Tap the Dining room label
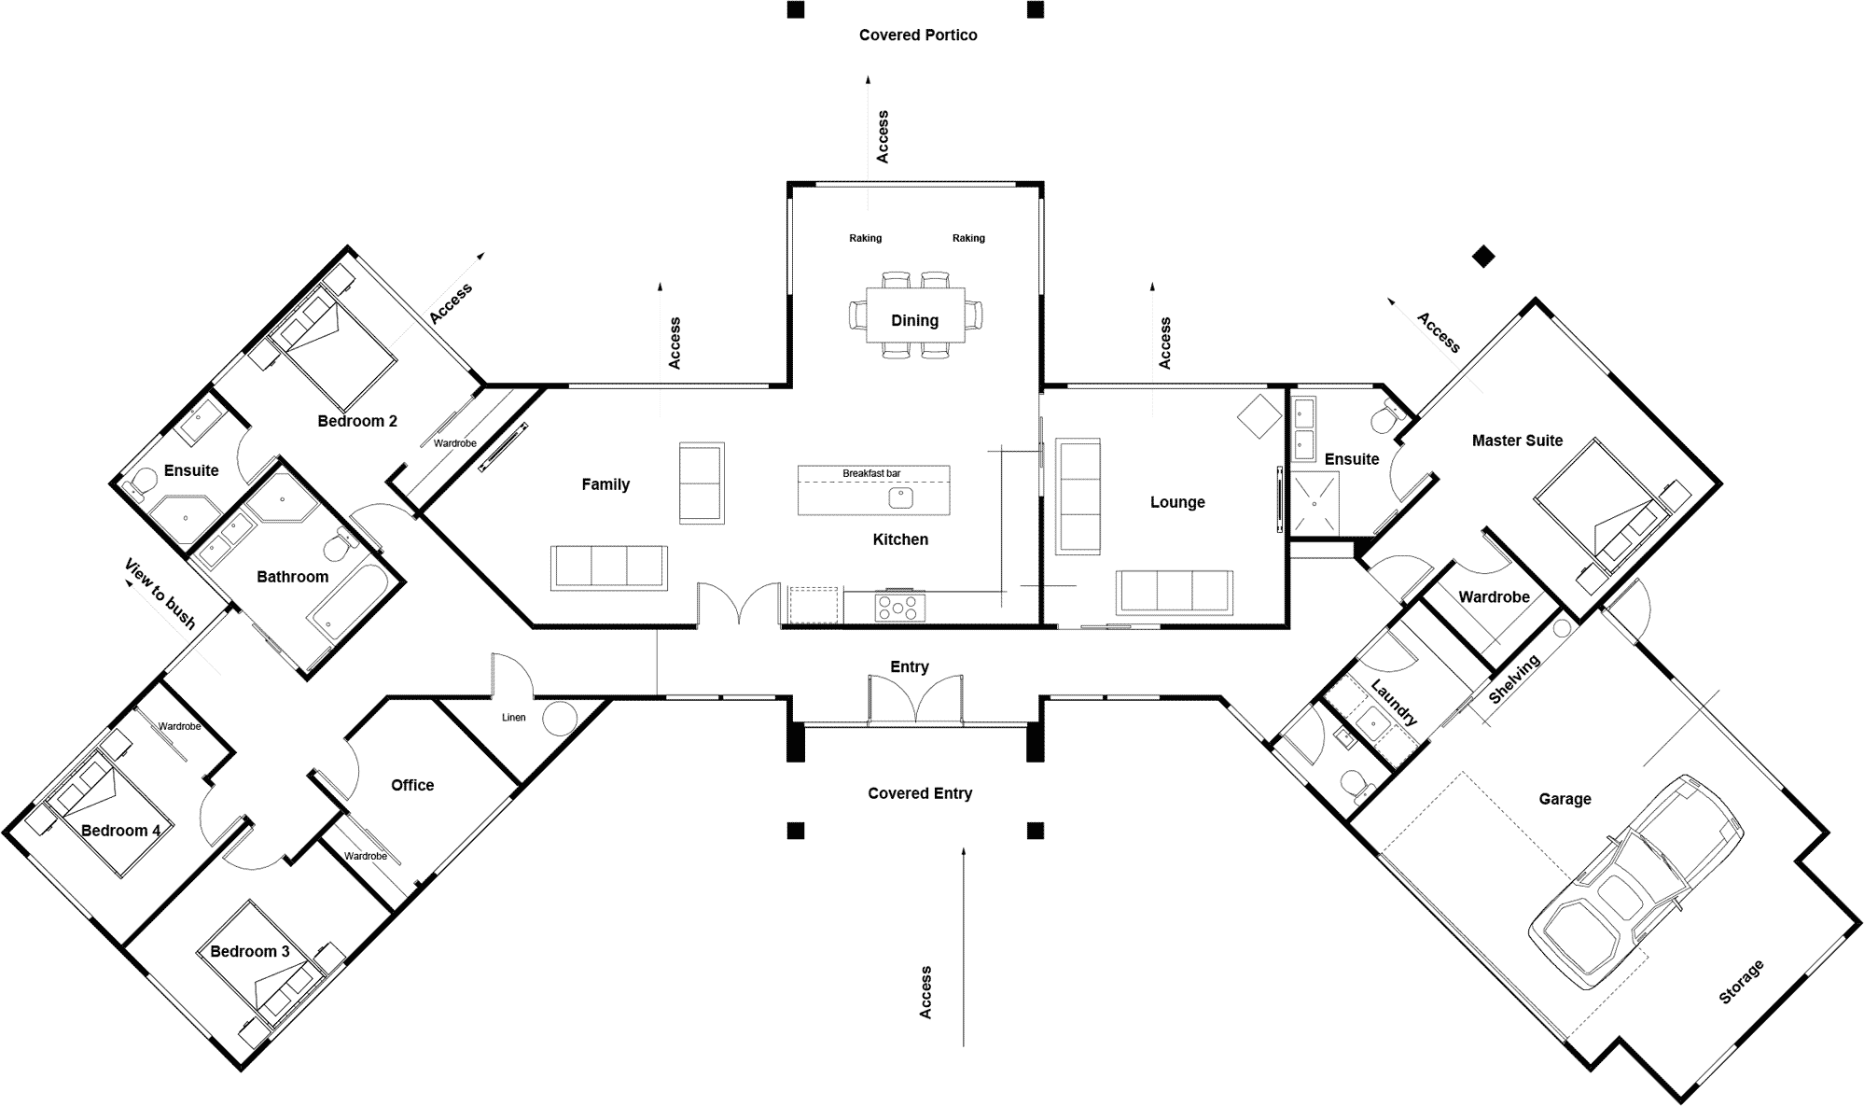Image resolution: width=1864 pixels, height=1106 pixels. click(914, 320)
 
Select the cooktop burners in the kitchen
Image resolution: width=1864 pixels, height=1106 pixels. click(899, 608)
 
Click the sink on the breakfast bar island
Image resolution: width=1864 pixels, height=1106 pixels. click(900, 497)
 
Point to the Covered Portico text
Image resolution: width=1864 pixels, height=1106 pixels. click(918, 35)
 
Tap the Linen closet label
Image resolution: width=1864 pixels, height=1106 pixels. click(514, 718)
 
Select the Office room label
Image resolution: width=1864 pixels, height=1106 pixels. click(412, 785)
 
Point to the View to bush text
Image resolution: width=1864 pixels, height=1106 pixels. click(160, 594)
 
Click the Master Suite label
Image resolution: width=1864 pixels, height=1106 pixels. click(1517, 441)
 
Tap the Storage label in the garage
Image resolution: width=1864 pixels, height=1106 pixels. click(1741, 982)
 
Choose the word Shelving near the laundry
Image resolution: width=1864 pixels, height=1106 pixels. click(1513, 679)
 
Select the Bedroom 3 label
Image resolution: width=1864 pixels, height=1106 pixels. click(249, 951)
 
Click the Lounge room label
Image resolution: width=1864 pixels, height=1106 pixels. click(1177, 502)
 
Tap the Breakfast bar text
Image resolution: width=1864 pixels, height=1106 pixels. click(871, 473)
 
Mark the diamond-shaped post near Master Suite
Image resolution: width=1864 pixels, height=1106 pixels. click(1482, 256)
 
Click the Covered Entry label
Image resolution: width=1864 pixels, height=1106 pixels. click(920, 793)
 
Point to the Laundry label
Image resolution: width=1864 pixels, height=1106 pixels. click(1394, 703)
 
